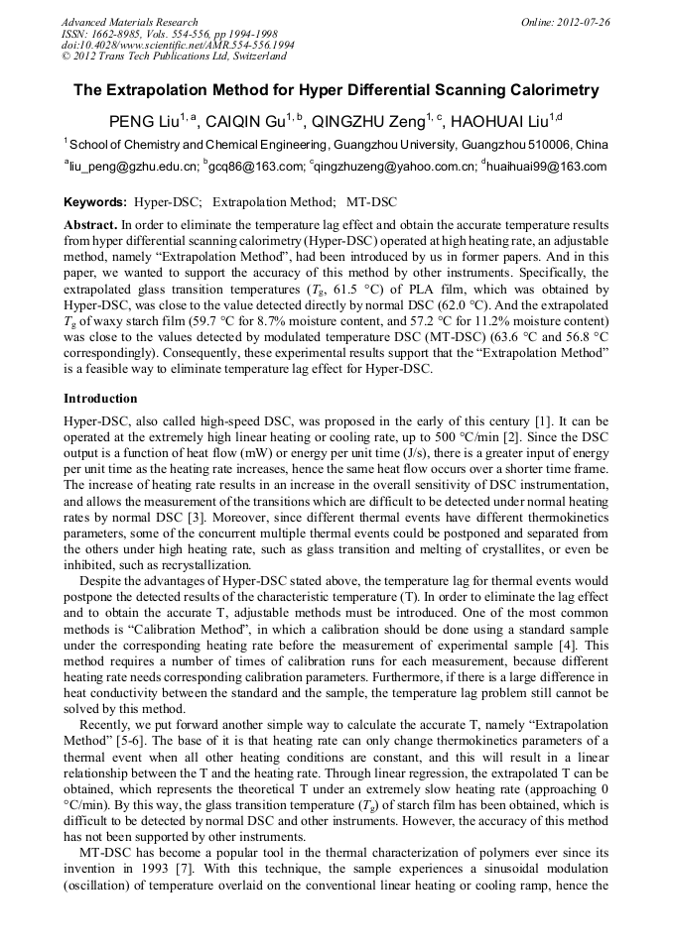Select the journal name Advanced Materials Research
pos(129,22)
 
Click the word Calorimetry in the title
pos(545,90)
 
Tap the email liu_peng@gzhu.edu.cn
pos(132,168)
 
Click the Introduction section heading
pos(100,398)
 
